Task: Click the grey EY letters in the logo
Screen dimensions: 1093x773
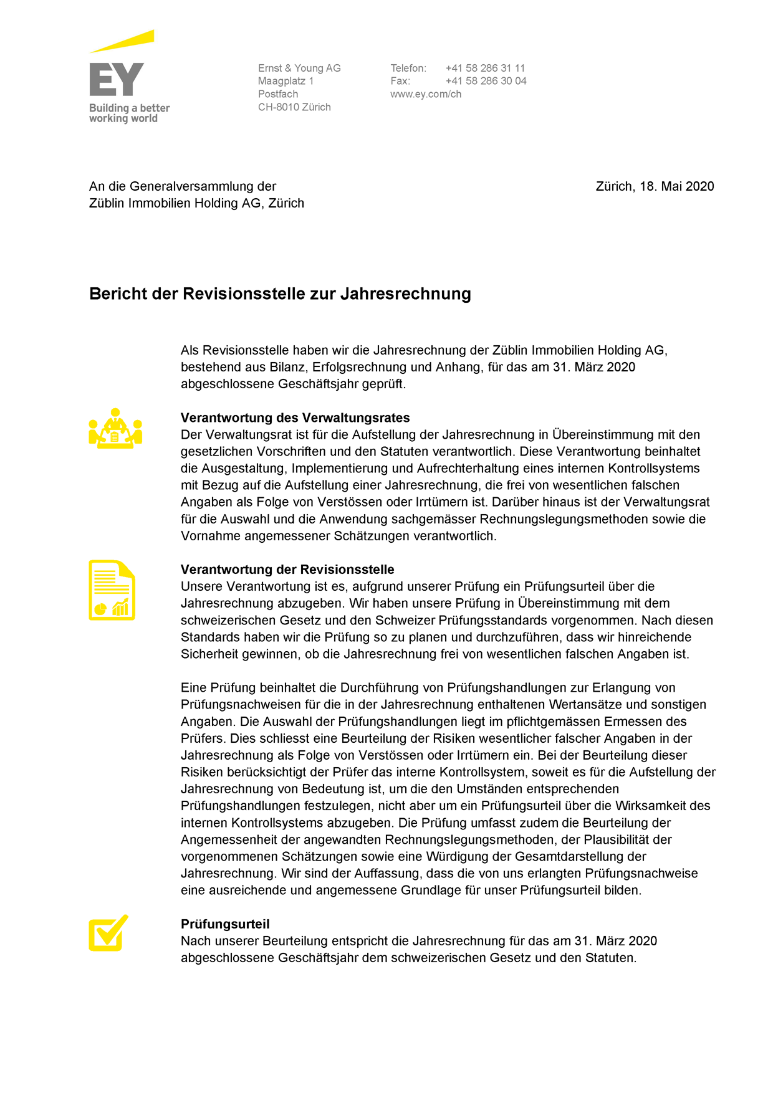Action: (x=117, y=79)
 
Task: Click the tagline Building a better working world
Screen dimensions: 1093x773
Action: (x=129, y=113)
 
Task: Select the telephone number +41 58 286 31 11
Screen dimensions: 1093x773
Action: (x=485, y=68)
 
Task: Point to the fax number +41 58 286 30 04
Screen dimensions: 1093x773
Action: (x=486, y=81)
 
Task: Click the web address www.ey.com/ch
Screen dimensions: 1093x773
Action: (x=426, y=94)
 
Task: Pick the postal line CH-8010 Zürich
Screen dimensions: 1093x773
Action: (x=294, y=107)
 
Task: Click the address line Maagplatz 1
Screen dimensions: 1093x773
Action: (x=286, y=81)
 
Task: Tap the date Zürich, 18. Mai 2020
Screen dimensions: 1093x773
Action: (x=655, y=186)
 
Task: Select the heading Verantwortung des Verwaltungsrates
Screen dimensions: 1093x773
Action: (x=295, y=418)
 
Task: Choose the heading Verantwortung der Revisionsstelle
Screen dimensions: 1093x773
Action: (x=287, y=570)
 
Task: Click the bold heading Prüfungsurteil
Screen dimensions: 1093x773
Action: (x=225, y=924)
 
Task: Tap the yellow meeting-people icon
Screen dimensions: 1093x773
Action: (x=115, y=429)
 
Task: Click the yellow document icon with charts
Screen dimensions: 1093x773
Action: (x=112, y=590)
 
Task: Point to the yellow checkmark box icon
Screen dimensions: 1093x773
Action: (x=108, y=933)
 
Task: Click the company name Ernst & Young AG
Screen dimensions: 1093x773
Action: (x=299, y=68)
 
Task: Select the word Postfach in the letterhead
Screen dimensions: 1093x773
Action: (x=278, y=94)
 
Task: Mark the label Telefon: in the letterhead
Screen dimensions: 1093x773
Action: (x=408, y=68)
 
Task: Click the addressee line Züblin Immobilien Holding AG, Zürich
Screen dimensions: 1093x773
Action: (x=196, y=203)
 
